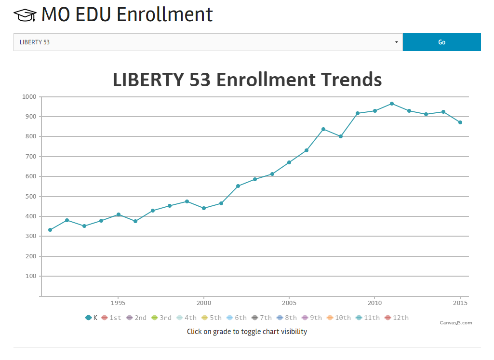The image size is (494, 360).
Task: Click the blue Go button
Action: click(x=441, y=42)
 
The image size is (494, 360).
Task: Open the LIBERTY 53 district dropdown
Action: click(x=208, y=42)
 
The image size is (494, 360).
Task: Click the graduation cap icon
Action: click(x=25, y=15)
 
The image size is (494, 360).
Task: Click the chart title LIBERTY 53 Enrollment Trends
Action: click(x=247, y=80)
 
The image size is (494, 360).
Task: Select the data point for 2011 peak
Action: click(x=392, y=104)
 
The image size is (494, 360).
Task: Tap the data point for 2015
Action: click(x=460, y=122)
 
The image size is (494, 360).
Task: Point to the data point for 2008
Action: click(x=341, y=136)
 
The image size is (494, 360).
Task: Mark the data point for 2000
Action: click(x=204, y=208)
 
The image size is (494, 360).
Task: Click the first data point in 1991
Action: click(x=50, y=230)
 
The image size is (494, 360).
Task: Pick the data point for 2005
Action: click(x=289, y=162)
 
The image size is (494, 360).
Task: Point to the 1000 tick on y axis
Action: click(x=29, y=97)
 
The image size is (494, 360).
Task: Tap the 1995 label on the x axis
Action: click(x=118, y=303)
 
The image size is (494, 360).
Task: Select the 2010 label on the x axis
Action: click(x=374, y=303)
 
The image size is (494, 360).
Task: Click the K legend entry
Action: click(x=92, y=318)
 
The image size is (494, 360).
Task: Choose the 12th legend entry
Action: click(x=396, y=318)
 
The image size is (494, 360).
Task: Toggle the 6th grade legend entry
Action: click(x=236, y=318)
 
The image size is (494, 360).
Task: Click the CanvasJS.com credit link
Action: click(x=456, y=323)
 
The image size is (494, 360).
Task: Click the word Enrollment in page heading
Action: click(x=164, y=14)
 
